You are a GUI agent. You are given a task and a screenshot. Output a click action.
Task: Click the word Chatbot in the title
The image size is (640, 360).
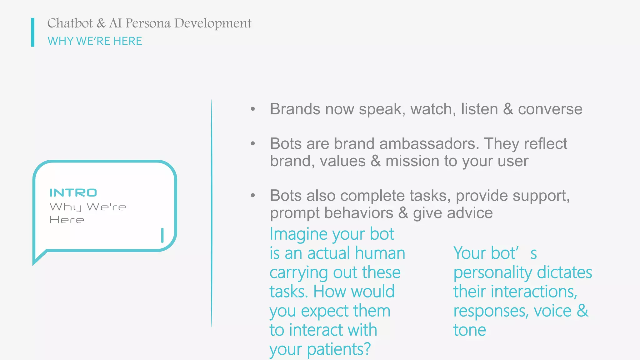tap(70, 23)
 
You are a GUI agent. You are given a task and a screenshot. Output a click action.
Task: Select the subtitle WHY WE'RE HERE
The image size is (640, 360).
tap(95, 41)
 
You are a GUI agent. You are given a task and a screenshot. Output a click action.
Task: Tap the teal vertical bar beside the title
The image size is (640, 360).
tap(33, 32)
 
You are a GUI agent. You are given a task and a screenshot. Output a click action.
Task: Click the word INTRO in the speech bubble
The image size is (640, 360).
tap(73, 193)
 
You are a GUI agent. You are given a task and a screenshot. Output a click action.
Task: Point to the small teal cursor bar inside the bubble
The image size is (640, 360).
tap(162, 235)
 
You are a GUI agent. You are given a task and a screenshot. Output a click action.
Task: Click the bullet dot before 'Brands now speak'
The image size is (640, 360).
tap(253, 109)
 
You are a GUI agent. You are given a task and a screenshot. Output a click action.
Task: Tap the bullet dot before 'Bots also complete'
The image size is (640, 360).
tap(253, 196)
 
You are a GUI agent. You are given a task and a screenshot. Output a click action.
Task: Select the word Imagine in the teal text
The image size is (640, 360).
tap(298, 234)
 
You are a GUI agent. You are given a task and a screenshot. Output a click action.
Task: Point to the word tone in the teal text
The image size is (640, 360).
tap(470, 330)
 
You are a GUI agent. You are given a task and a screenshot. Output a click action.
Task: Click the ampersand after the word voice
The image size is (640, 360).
tap(582, 311)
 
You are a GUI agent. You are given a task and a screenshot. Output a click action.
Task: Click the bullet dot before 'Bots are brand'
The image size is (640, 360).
tap(253, 144)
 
